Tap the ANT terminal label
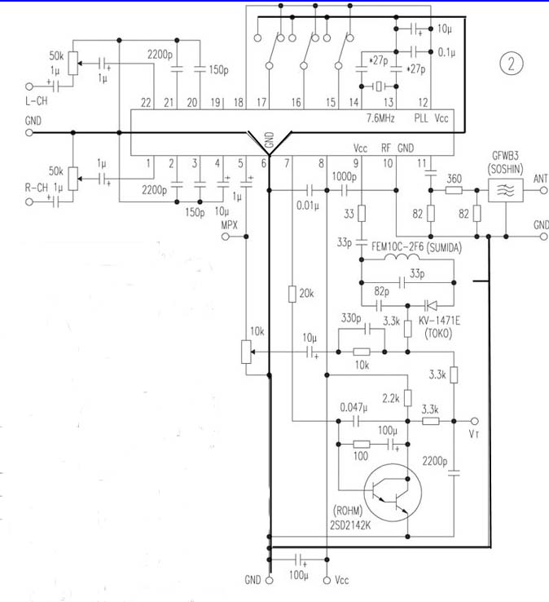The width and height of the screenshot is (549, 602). (x=539, y=178)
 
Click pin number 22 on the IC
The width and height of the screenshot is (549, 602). (x=146, y=103)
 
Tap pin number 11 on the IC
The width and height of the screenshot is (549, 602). (x=422, y=164)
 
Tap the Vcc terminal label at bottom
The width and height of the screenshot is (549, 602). (x=341, y=580)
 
